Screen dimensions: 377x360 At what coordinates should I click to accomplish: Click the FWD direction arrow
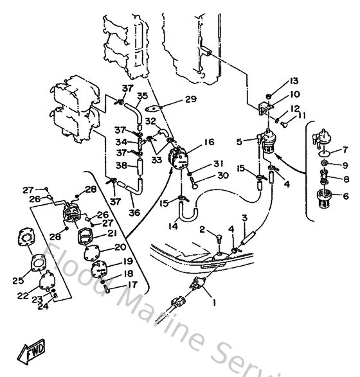coord(31,352)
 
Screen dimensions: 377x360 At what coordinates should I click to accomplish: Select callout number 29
coord(190,99)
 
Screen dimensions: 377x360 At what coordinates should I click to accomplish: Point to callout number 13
coord(294,81)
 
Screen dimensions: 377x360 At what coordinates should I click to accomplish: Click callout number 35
coord(142,96)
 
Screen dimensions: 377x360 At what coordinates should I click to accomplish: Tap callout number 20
coord(120,247)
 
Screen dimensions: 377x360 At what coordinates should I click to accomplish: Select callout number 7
coord(345,150)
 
